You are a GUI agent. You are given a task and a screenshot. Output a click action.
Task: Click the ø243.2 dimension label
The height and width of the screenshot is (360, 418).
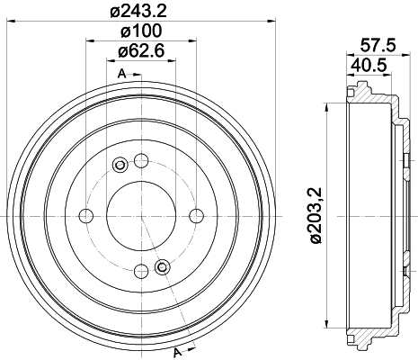pos(138,11)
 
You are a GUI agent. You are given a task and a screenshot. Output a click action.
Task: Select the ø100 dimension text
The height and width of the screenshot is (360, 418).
pos(141,31)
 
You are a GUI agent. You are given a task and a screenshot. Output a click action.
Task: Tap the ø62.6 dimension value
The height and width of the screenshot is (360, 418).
pos(141,51)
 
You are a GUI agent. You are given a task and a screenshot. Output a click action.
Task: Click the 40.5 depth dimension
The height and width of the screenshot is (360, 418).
pos(369,65)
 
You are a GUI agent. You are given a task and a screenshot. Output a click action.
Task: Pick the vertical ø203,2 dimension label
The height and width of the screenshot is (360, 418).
pos(316,215)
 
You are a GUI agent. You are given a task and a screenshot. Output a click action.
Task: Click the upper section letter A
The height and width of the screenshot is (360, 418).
pos(121,74)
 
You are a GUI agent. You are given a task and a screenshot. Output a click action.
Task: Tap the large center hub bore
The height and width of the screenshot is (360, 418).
pos(141,216)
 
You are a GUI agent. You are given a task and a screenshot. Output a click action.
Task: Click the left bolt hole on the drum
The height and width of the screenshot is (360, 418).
pos(86,216)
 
